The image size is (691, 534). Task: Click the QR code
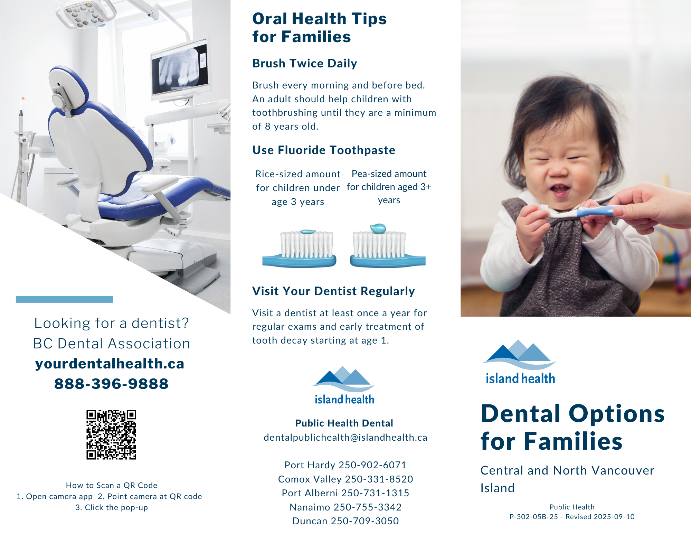[x=111, y=434]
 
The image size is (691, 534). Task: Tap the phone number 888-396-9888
[x=111, y=384]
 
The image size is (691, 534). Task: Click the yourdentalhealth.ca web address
[x=110, y=364]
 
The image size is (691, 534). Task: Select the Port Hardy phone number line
[x=345, y=465]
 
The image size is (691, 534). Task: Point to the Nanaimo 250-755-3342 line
[x=345, y=507]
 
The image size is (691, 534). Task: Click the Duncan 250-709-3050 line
[x=345, y=521]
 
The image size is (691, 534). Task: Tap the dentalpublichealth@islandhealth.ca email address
[x=345, y=437]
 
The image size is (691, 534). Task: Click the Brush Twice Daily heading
[x=304, y=63]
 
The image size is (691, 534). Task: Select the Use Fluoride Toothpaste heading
[x=324, y=150]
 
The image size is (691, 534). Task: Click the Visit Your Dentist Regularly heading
[x=333, y=291]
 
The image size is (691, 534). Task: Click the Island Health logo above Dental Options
[x=520, y=362]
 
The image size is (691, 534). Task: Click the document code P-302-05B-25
[x=534, y=517]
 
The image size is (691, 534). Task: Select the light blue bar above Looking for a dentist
[x=64, y=299]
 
